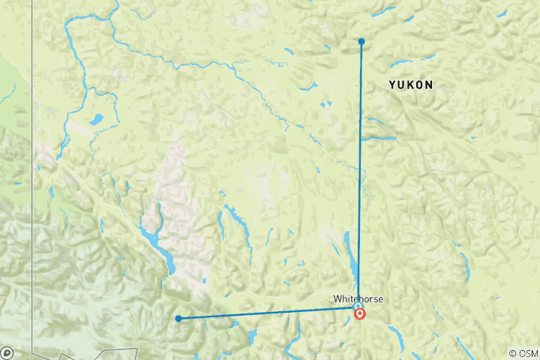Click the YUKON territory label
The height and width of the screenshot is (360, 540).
pyautogui.click(x=410, y=85)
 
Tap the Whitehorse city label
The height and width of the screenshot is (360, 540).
pyautogui.click(x=358, y=298)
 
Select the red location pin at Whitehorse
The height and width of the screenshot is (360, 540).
pyautogui.click(x=360, y=313)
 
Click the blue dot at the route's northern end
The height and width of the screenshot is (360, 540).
pyautogui.click(x=361, y=41)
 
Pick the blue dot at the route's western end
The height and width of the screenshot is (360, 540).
pyautogui.click(x=178, y=319)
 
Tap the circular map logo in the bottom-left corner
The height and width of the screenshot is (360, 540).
pyautogui.click(x=7, y=352)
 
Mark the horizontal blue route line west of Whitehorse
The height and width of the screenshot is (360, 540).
pyautogui.click(x=270, y=312)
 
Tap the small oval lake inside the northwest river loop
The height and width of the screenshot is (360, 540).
pyautogui.click(x=96, y=118)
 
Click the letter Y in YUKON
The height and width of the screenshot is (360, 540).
pyautogui.click(x=392, y=85)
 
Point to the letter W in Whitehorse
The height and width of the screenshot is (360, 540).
pyautogui.click(x=337, y=298)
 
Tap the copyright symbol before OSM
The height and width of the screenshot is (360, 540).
pyautogui.click(x=514, y=353)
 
